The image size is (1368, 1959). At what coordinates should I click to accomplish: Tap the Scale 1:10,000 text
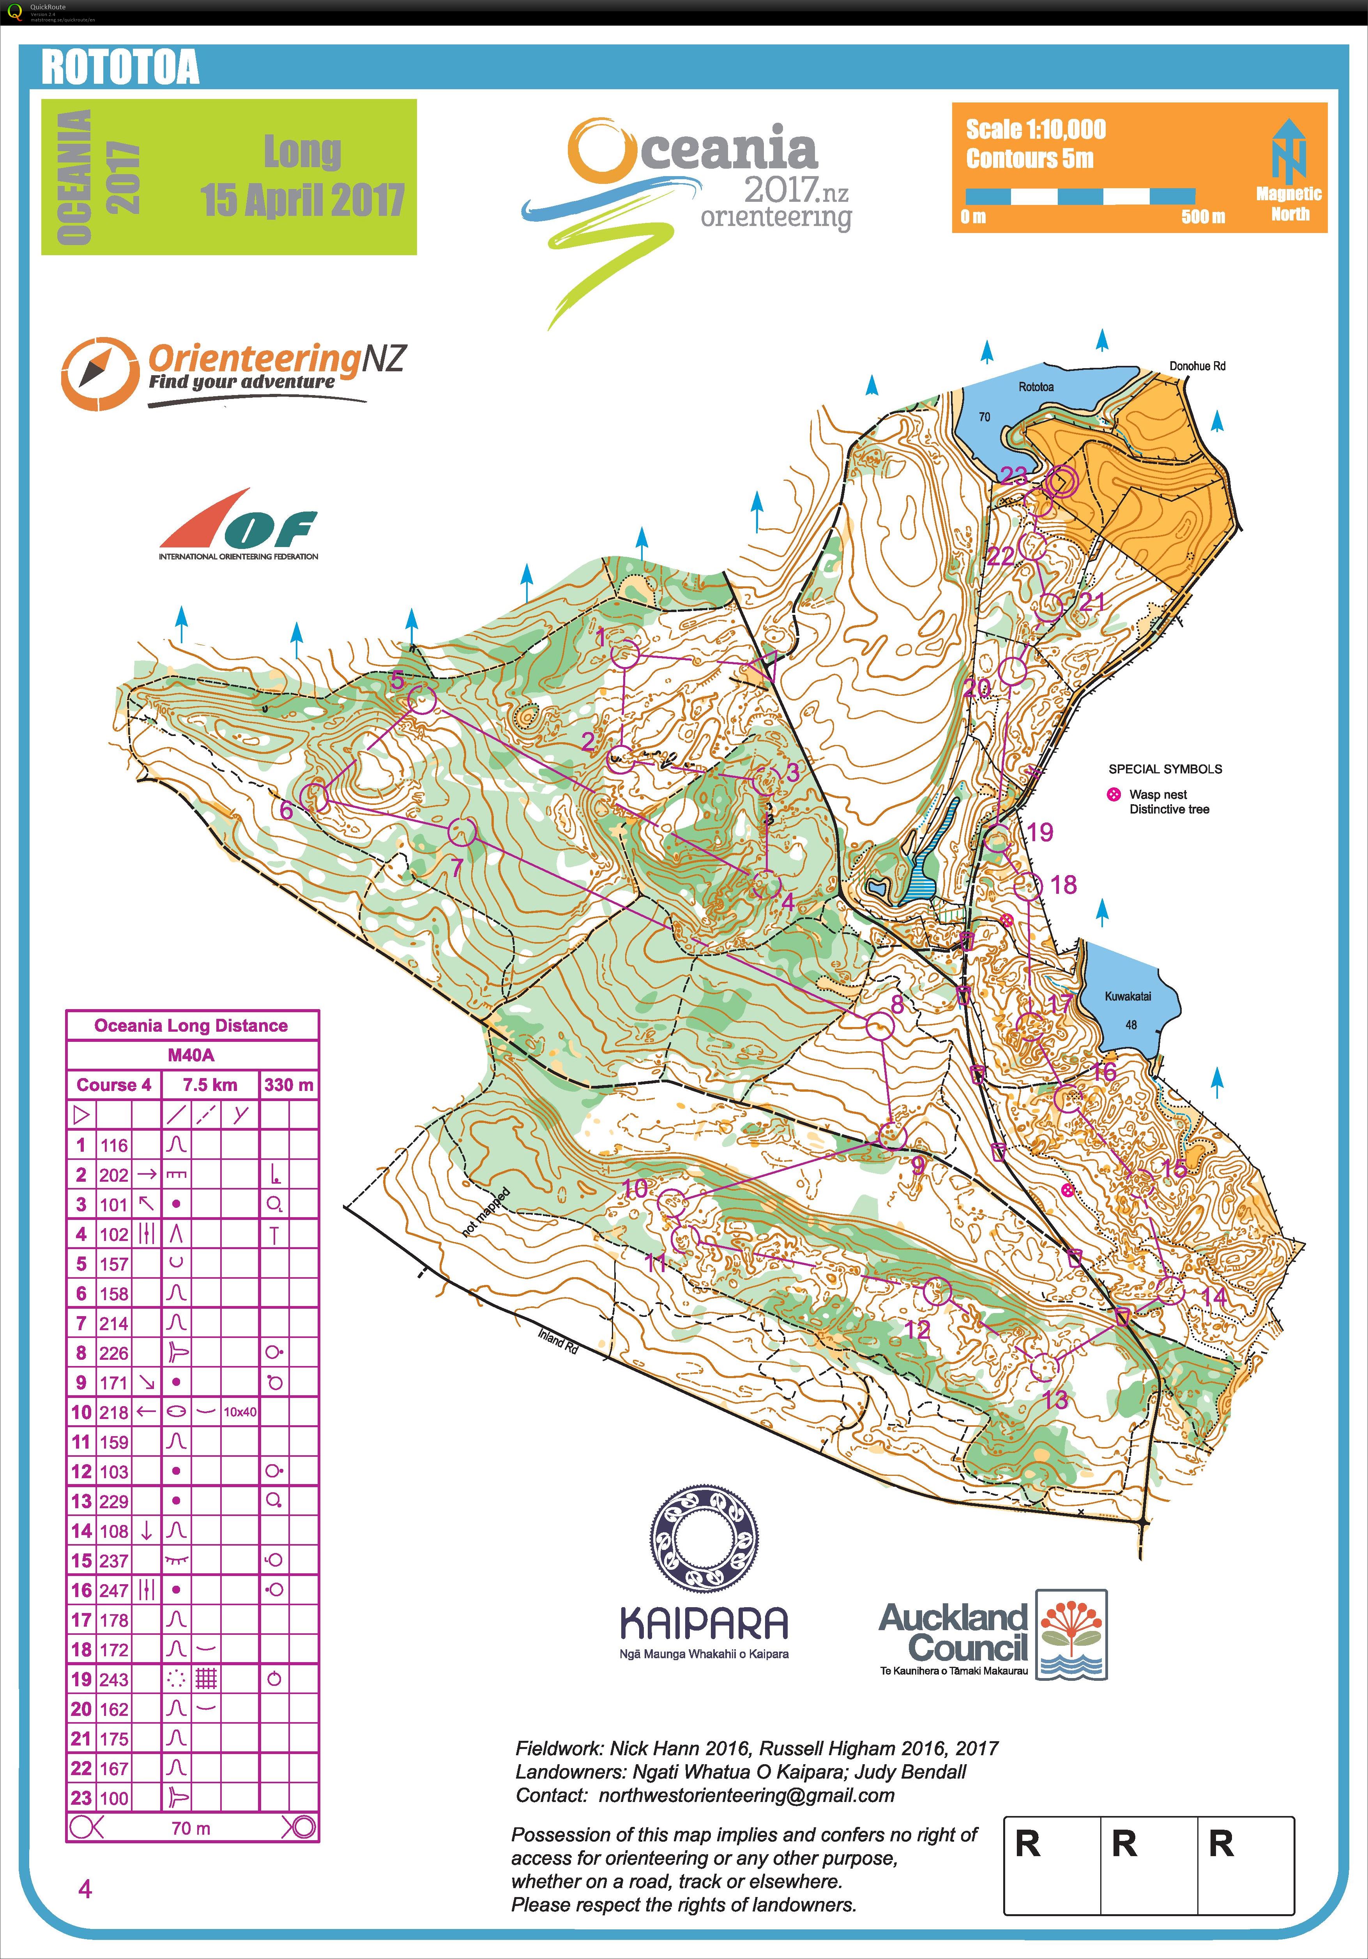1035,130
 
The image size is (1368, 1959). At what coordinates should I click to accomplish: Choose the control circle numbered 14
1171,1291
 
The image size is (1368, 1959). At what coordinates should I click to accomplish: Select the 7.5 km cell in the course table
210,1085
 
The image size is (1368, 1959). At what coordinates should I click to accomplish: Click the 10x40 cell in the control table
240,1412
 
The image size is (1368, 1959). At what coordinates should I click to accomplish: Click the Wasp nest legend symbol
1113,794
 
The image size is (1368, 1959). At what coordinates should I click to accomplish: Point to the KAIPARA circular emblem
704,1539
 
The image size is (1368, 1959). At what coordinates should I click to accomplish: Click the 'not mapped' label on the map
486,1212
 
